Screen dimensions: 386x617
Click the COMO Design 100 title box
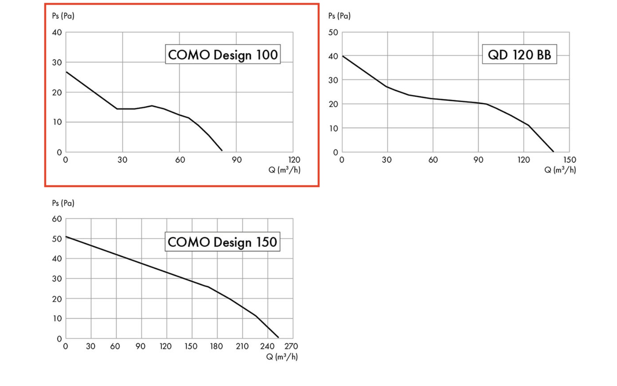tap(222, 54)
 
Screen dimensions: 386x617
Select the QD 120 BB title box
tap(519, 54)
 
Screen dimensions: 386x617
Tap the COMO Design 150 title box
tap(222, 242)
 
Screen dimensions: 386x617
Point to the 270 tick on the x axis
tap(291, 346)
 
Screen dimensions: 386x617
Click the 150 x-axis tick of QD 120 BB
tap(569, 160)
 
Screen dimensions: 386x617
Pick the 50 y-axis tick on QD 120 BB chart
tap(333, 32)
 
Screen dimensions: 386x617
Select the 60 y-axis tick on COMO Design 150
tap(57, 219)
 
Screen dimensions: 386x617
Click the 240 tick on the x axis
tap(267, 346)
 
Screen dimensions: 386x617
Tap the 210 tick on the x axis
tap(242, 346)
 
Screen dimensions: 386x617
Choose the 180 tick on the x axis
tap(217, 346)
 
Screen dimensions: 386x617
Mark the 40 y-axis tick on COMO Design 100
tap(57, 32)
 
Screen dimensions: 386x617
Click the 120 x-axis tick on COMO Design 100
tap(294, 160)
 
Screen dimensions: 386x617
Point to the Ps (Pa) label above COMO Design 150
tap(63, 203)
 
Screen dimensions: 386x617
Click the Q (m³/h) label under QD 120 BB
tap(560, 170)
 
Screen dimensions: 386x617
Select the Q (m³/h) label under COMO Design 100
tap(284, 170)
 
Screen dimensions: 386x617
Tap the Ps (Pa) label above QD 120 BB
tap(339, 16)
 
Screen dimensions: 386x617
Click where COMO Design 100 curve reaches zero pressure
tap(222, 151)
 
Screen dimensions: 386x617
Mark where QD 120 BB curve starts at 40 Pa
tap(342, 56)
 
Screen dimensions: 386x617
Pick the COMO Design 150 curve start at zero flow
tap(66, 237)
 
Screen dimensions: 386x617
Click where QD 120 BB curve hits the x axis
tap(553, 151)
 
